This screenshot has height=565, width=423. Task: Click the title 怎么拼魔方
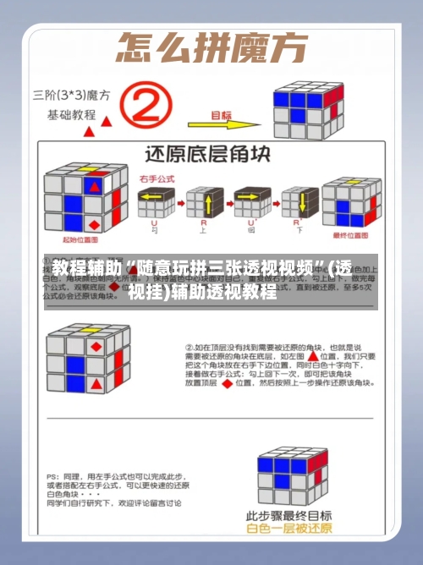coord(211,47)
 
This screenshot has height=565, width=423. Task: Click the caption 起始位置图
coord(79,240)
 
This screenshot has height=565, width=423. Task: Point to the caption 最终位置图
coord(349,235)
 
